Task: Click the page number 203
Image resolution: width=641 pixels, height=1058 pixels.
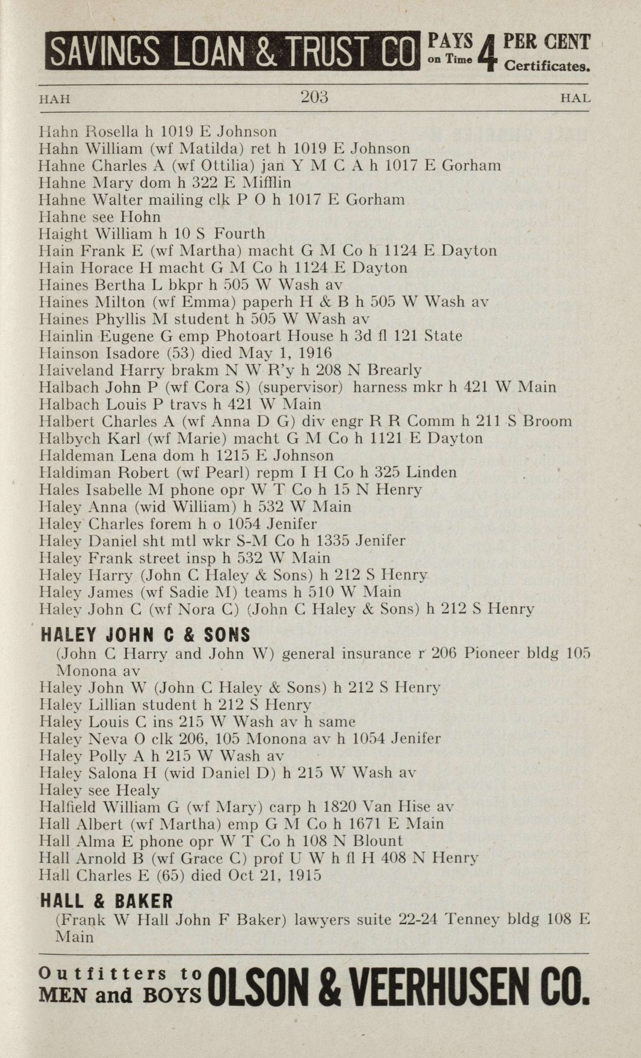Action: pos(314,97)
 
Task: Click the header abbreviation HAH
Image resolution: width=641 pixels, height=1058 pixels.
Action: pos(54,99)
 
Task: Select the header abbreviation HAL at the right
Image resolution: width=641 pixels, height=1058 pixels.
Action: pos(576,98)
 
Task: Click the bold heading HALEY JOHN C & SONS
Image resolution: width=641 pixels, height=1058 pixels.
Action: pos(145,635)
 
